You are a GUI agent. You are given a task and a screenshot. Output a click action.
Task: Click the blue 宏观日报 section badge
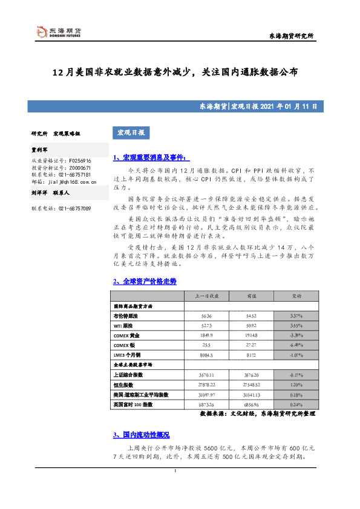click(x=131, y=132)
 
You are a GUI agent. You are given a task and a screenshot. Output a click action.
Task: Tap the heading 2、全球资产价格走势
click(x=145, y=282)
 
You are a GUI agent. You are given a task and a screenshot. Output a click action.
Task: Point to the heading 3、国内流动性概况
click(x=142, y=435)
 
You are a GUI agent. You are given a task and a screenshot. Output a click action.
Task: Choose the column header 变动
click(x=297, y=296)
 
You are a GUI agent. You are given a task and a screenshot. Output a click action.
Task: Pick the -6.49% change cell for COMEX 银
click(x=297, y=346)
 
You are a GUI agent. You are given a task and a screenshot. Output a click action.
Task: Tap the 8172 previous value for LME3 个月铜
click(x=249, y=355)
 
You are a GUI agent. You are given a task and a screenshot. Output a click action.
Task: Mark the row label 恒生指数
click(x=125, y=384)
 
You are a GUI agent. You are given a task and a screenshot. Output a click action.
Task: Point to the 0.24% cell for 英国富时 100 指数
click(x=297, y=404)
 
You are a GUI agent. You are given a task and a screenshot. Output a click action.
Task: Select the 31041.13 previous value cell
click(x=249, y=394)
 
